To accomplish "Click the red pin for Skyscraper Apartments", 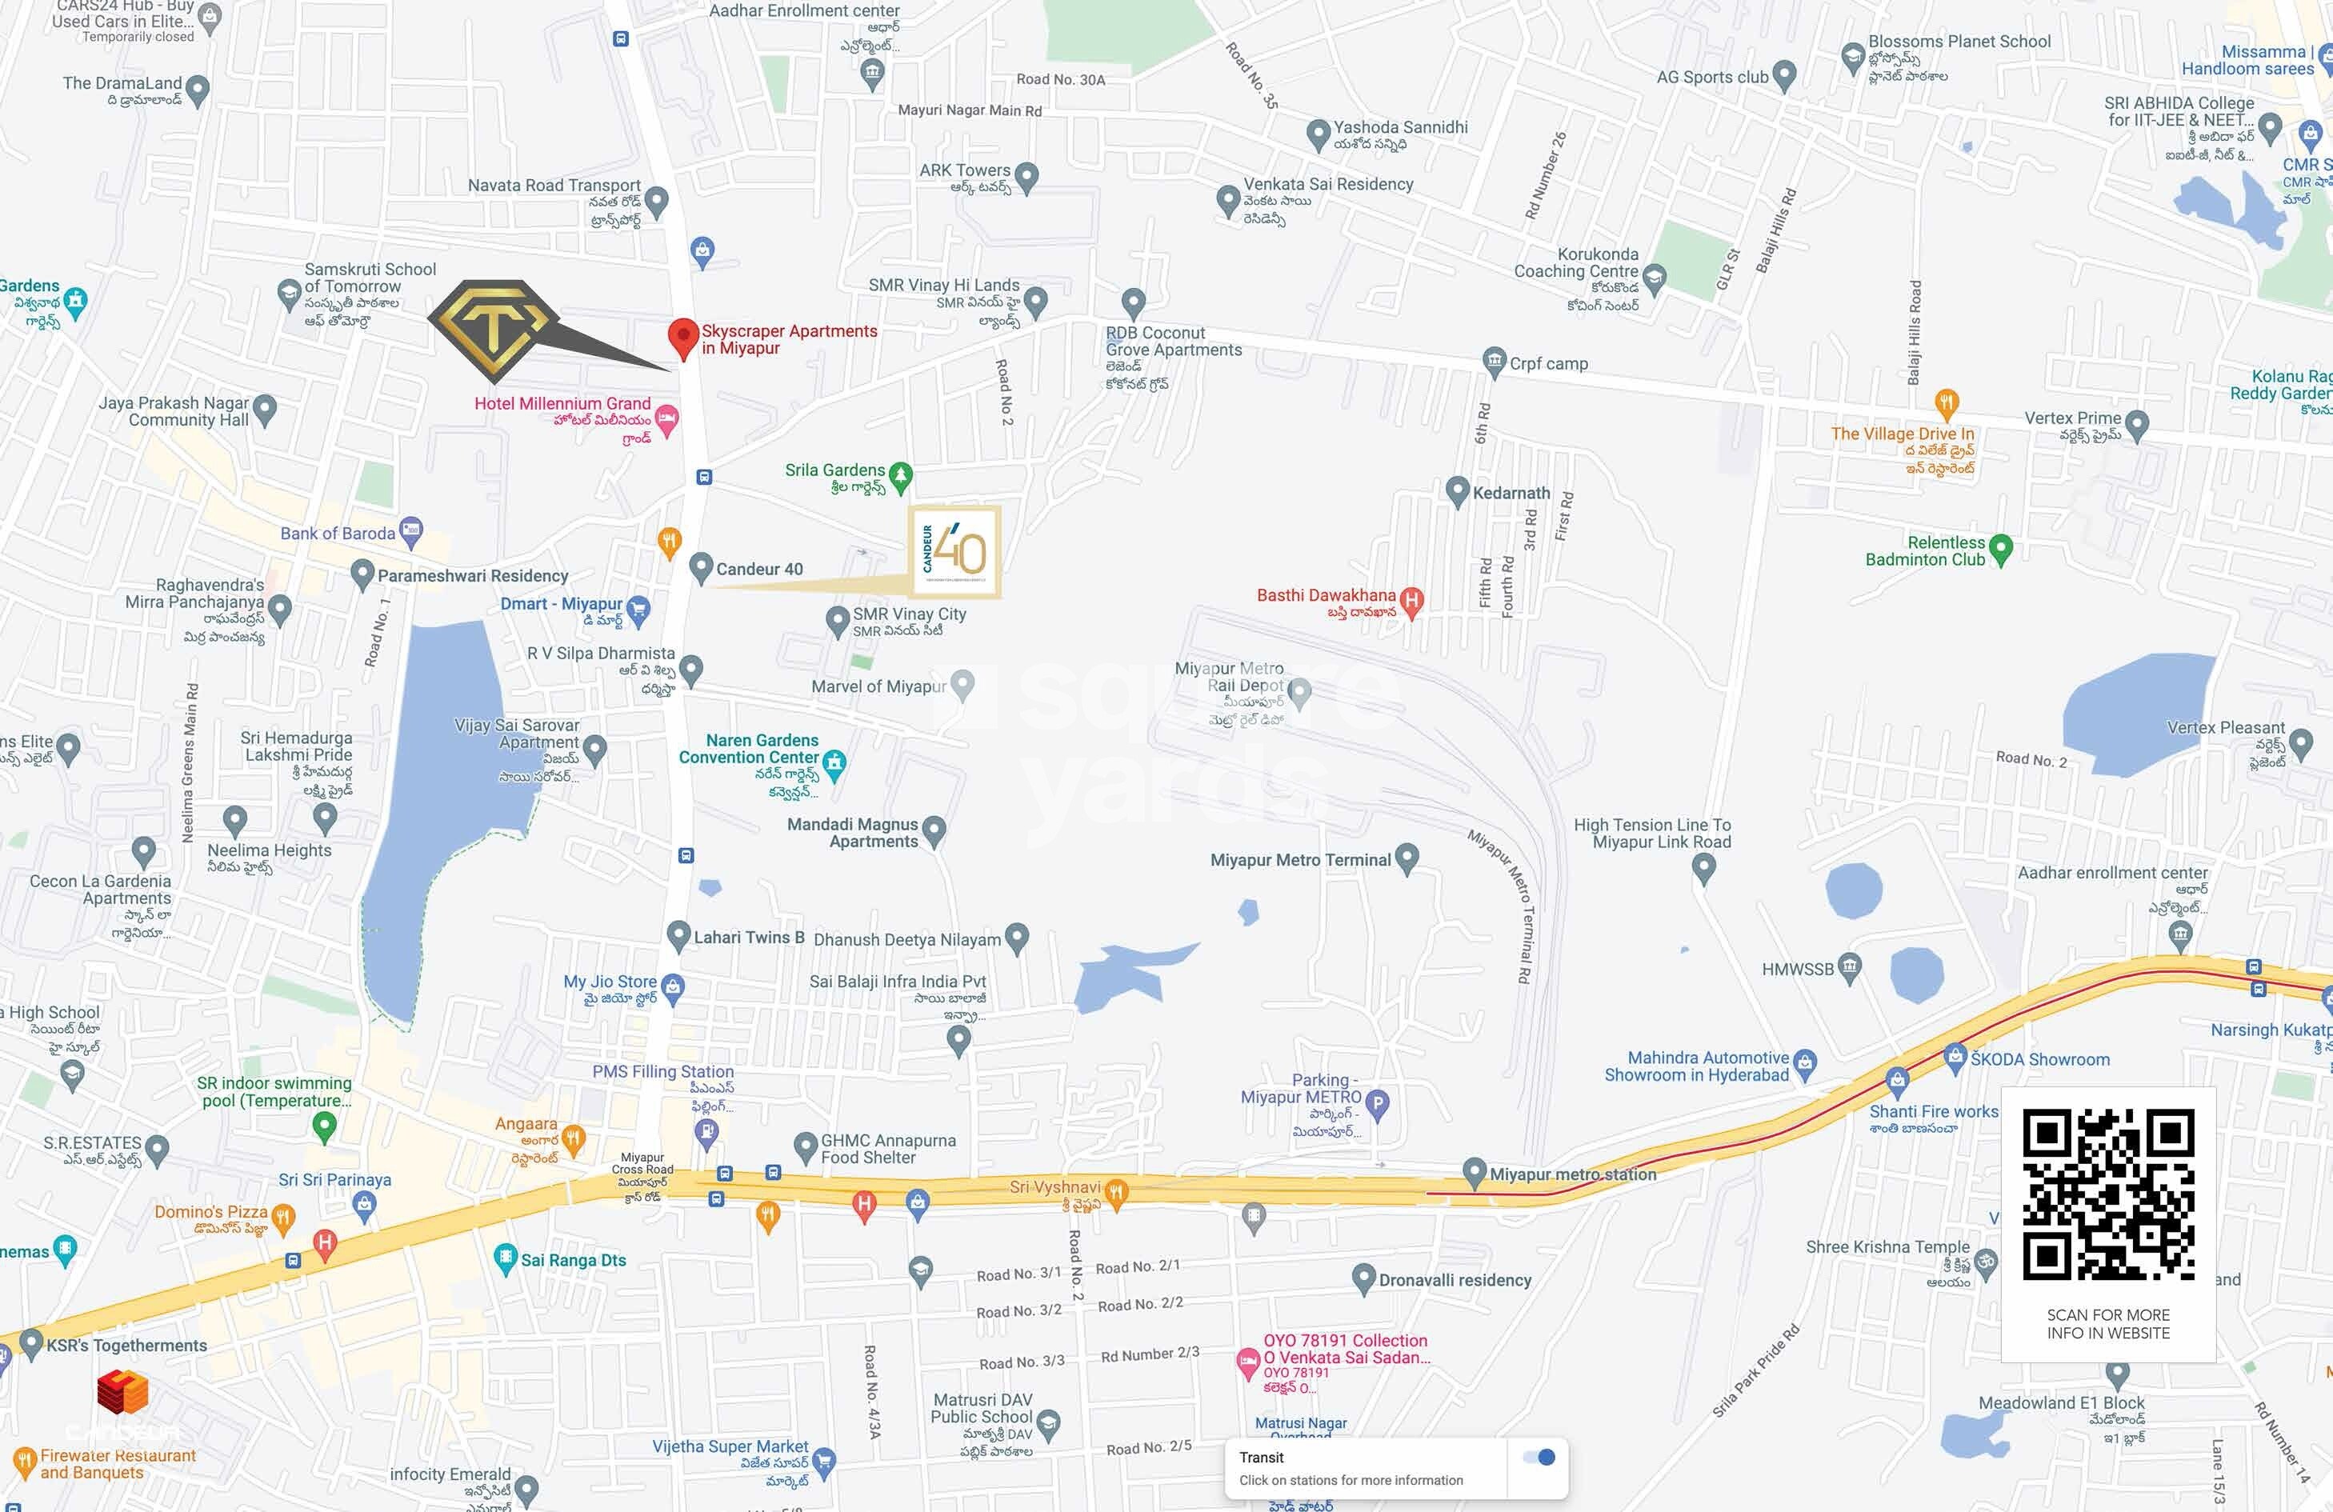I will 682,336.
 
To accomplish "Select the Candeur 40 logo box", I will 954,552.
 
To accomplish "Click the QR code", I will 2107,1194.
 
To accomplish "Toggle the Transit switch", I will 1539,1457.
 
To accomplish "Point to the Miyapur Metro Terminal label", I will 1300,860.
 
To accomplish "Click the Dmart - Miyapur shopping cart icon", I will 638,610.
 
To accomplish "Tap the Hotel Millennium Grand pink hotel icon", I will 666,420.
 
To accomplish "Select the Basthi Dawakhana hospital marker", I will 1411,601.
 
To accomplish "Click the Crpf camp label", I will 1548,363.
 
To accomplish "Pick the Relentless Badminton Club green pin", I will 2001,549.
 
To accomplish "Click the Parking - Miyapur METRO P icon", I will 1377,1106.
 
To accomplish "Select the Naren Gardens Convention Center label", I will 762,749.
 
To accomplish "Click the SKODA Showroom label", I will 2040,1059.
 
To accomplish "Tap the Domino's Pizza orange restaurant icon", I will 282,1218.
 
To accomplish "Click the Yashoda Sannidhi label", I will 1400,127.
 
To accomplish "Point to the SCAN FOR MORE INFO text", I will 2107,1324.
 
